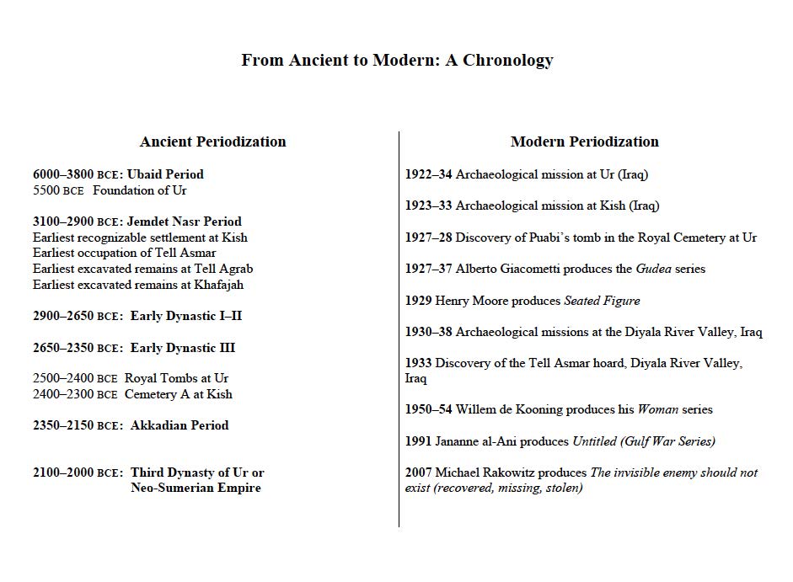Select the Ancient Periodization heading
[x=212, y=141]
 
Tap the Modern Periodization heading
[x=585, y=141]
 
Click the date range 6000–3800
[x=63, y=174]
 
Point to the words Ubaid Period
[x=166, y=174]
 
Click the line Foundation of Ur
[x=140, y=190]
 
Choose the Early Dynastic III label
[x=183, y=348]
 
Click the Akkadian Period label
[x=179, y=425]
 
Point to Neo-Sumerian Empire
[x=196, y=488]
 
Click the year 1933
[x=419, y=363]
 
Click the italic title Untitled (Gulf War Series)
[x=644, y=441]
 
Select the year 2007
[x=419, y=473]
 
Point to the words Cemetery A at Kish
[x=179, y=394]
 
